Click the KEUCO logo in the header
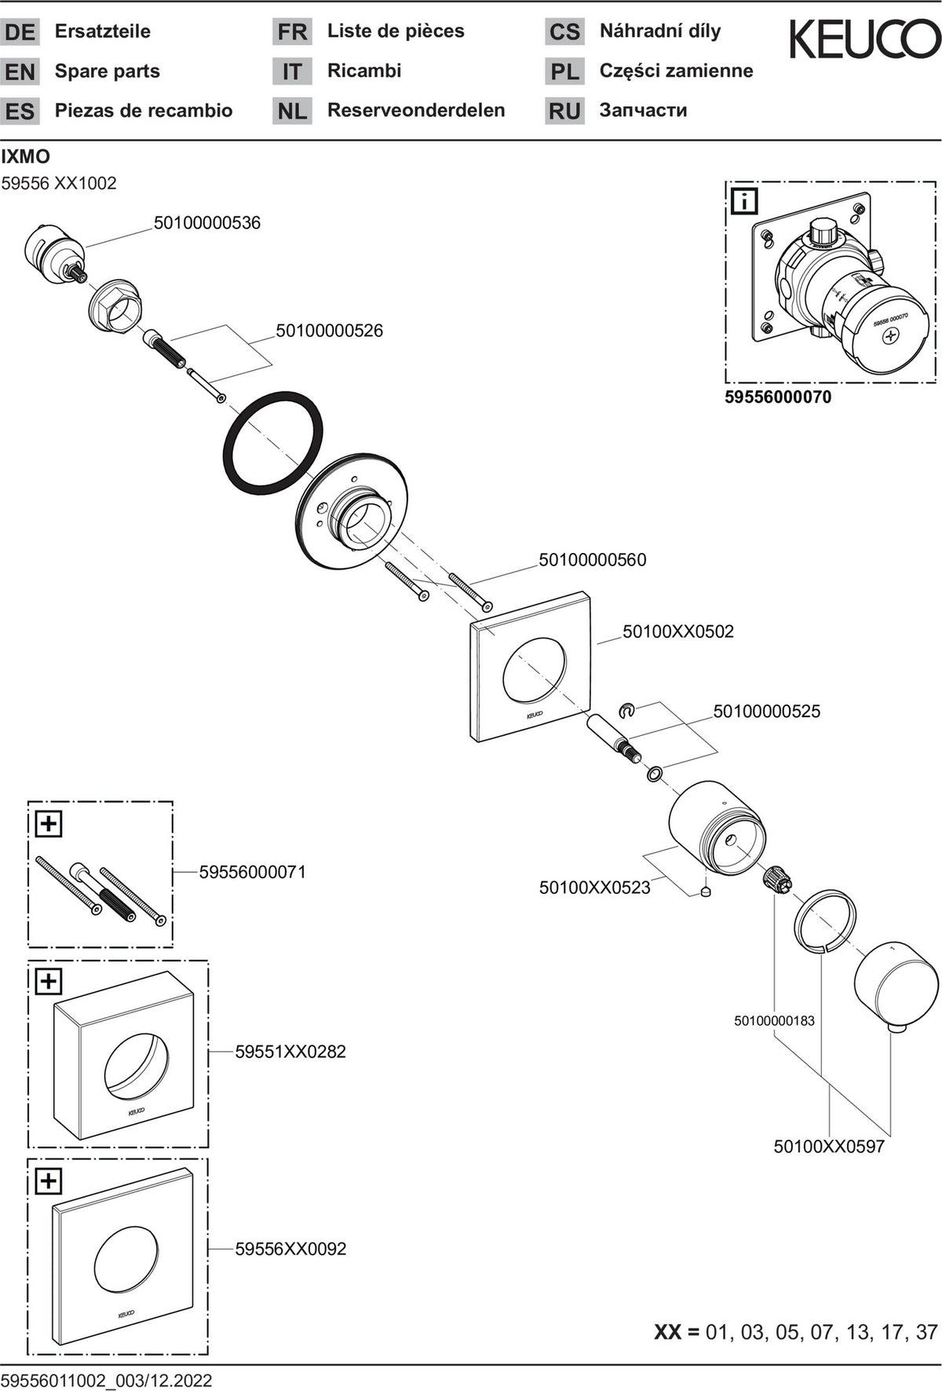pyautogui.click(x=864, y=39)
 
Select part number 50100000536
pyautogui.click(x=207, y=223)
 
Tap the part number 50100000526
pyautogui.click(x=330, y=331)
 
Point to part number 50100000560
pyautogui.click(x=593, y=560)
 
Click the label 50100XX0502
pyautogui.click(x=678, y=631)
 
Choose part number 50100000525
pyautogui.click(x=767, y=712)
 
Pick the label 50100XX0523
pyautogui.click(x=595, y=888)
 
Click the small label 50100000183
pyautogui.click(x=775, y=1020)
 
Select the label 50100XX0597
pyautogui.click(x=829, y=1146)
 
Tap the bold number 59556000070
pyautogui.click(x=778, y=397)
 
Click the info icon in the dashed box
pyautogui.click(x=743, y=201)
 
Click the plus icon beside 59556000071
pyautogui.click(x=49, y=824)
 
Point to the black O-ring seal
pyautogui.click(x=272, y=441)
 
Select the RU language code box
pyautogui.click(x=564, y=111)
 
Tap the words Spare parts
pyautogui.click(x=108, y=71)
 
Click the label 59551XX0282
pyautogui.click(x=290, y=1052)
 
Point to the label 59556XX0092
pyautogui.click(x=290, y=1249)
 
